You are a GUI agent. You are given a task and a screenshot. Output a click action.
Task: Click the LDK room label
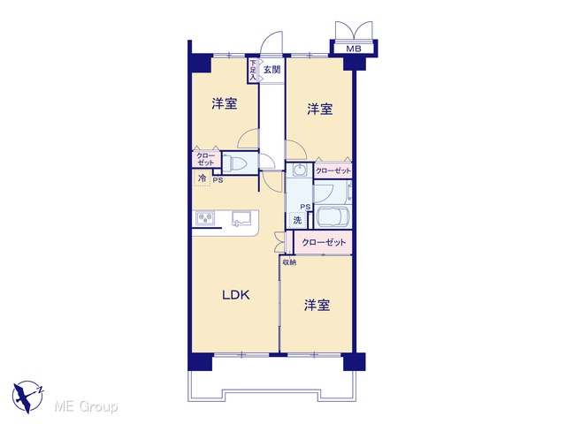coord(236,295)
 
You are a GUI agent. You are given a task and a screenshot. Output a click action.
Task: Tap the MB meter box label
coord(354,49)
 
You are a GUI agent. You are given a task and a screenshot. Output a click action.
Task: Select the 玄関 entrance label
coord(272,70)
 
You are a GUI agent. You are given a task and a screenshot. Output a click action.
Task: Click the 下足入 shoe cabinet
coord(253,70)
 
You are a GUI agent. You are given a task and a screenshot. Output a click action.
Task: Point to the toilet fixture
coord(234,163)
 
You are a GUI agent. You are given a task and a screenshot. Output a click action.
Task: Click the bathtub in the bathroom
coord(333,216)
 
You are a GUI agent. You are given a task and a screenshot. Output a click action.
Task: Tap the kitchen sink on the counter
coord(241,218)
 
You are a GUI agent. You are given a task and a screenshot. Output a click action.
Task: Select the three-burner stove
coord(205,218)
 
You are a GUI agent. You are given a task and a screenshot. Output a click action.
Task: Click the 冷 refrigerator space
coord(203,178)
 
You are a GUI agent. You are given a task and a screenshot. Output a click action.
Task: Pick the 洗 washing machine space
coord(297,220)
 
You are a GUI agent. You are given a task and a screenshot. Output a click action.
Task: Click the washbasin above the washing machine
coord(299,170)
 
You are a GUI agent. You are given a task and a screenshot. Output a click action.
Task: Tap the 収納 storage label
coord(289,262)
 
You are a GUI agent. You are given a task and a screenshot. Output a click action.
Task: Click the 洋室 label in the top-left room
coord(225,104)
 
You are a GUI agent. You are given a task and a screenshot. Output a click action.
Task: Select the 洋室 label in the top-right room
coord(320,109)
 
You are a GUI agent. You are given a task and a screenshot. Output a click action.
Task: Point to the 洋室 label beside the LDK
coord(317,305)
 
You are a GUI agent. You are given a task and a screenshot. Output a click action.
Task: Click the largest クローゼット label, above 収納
coord(324,242)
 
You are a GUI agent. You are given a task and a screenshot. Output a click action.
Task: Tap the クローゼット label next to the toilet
coord(206,159)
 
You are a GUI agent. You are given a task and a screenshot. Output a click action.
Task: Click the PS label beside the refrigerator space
coord(218,180)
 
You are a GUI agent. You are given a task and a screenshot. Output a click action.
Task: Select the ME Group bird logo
coord(27,397)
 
